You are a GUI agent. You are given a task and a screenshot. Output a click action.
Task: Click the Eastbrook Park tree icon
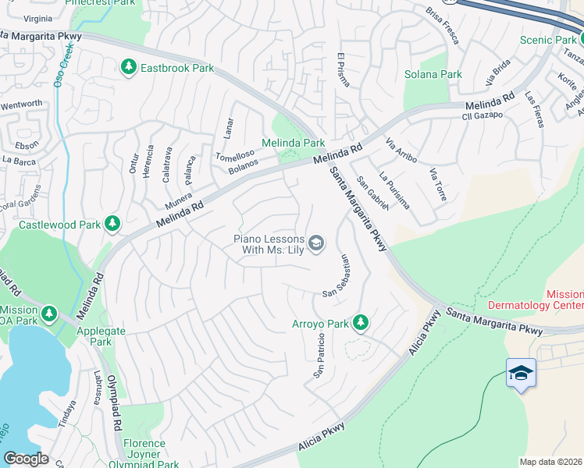(x=129, y=68)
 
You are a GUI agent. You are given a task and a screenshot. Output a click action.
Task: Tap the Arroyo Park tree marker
(x=360, y=321)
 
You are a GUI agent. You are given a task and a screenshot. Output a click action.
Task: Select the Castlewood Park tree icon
(x=112, y=225)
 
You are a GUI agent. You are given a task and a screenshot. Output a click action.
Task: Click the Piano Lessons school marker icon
(x=316, y=244)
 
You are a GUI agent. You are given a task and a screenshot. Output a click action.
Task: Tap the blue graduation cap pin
(x=521, y=374)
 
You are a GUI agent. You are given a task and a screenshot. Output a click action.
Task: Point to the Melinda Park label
(x=293, y=143)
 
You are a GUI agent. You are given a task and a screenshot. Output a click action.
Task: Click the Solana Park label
(x=433, y=74)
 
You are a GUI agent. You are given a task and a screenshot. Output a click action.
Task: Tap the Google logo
(x=26, y=459)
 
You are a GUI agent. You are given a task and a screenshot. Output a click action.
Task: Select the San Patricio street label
(x=319, y=356)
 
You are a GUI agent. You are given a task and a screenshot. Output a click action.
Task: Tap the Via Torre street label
(x=437, y=184)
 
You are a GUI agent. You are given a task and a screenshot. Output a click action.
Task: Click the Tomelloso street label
(x=236, y=154)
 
